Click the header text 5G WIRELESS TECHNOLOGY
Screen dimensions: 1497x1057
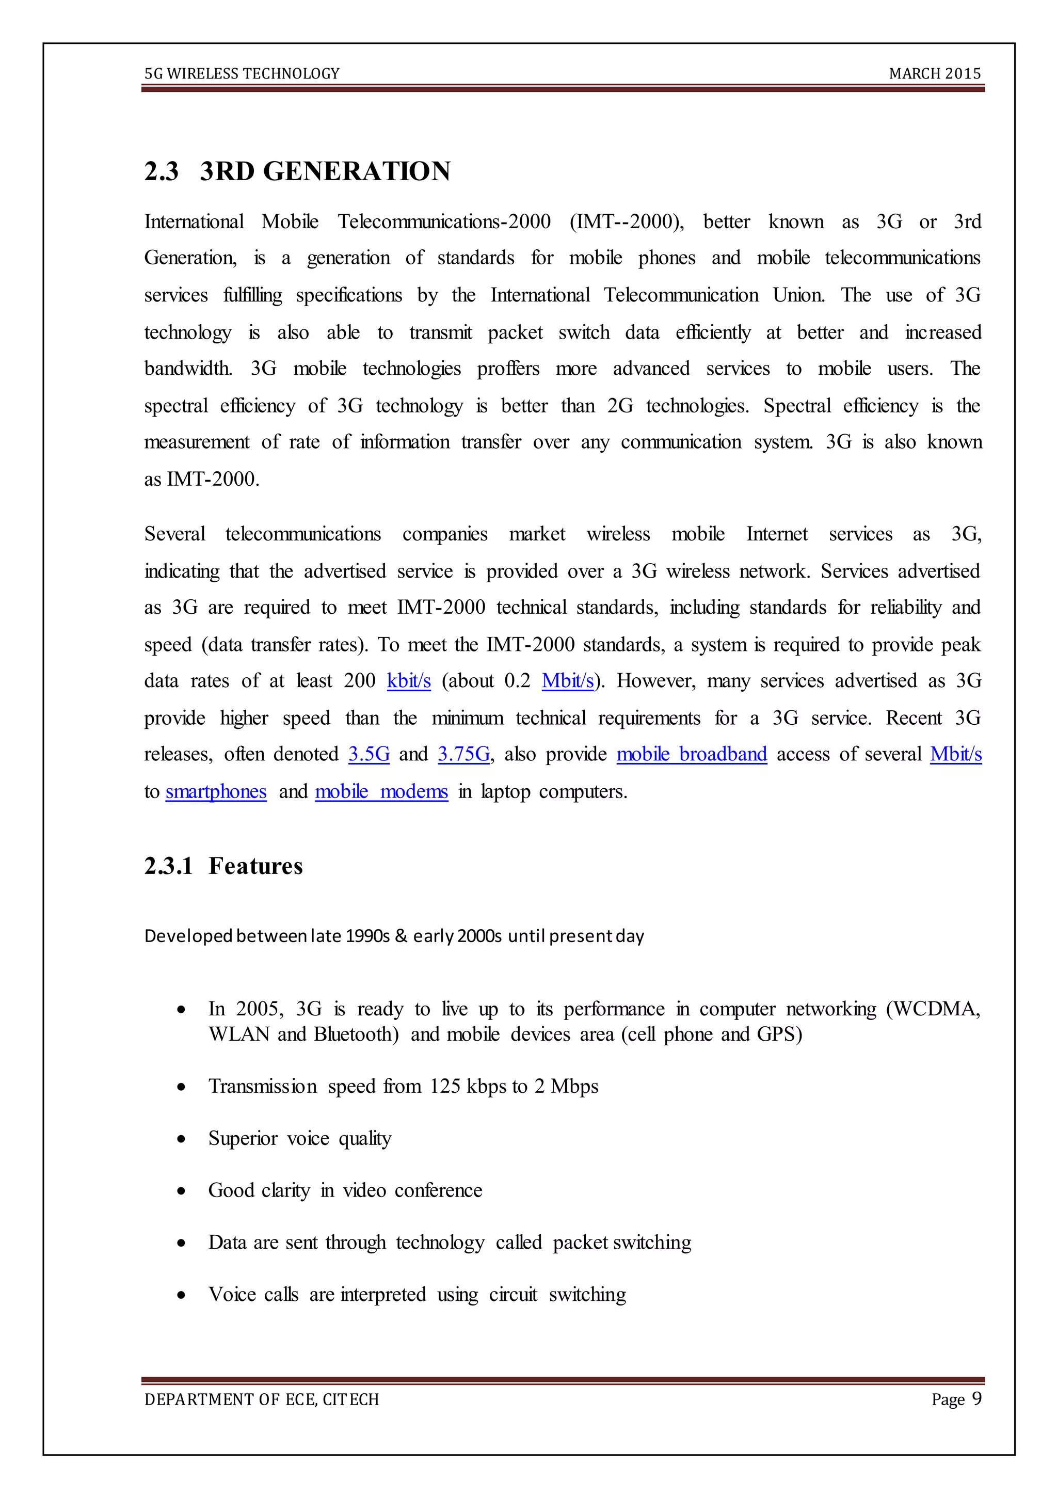(242, 74)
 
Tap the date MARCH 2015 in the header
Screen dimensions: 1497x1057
(934, 74)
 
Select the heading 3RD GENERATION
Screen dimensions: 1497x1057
(325, 171)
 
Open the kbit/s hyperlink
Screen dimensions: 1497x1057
(409, 681)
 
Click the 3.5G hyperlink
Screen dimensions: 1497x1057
(369, 754)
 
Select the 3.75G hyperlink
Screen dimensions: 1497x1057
(463, 754)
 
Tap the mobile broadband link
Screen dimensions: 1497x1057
(691, 754)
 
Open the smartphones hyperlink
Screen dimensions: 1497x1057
(216, 791)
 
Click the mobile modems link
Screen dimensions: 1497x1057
(381, 791)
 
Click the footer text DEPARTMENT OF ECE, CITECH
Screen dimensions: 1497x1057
(262, 1400)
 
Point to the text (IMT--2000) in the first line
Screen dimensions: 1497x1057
(627, 221)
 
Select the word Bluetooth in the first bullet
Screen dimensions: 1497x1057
(356, 1034)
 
